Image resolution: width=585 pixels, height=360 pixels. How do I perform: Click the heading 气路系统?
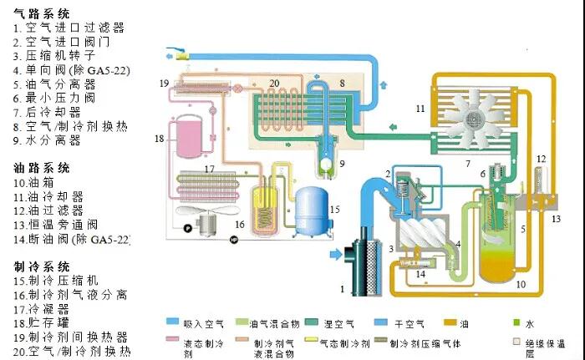(42, 14)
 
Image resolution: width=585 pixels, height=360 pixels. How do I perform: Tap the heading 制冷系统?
(42, 266)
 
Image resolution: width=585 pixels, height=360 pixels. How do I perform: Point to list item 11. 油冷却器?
(59, 196)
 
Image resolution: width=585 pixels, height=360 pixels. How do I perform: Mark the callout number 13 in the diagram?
(557, 219)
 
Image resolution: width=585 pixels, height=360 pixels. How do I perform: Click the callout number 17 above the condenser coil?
(210, 169)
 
